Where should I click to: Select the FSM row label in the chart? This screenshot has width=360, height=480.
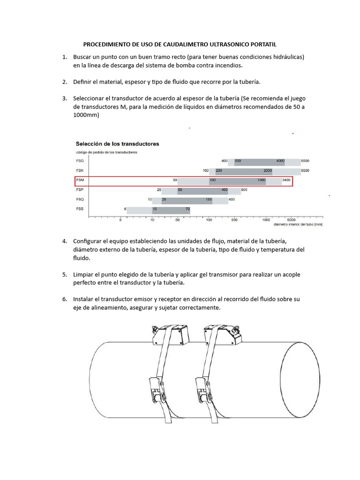[x=80, y=180]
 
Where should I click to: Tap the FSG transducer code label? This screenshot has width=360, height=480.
[x=80, y=161]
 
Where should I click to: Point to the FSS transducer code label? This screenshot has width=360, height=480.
[x=80, y=209]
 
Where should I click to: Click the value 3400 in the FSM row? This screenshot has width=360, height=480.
[x=287, y=180]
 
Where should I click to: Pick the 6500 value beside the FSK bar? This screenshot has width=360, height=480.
[x=305, y=171]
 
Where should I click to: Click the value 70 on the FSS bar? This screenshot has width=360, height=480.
[x=187, y=209]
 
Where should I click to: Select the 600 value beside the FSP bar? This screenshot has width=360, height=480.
[x=244, y=190]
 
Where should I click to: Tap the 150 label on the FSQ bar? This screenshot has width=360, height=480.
[x=209, y=200]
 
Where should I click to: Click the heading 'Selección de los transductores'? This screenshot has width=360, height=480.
[x=117, y=144]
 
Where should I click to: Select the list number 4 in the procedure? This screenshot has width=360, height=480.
[x=65, y=241]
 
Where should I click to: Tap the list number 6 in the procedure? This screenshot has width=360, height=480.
[x=65, y=299]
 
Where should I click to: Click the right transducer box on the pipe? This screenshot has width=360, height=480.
[x=226, y=336]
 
